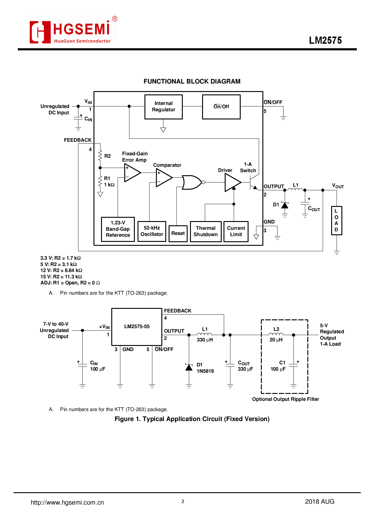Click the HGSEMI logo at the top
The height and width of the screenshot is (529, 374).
point(73,31)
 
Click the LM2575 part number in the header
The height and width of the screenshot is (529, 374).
point(325,40)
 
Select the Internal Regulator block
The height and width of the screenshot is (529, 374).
point(163,107)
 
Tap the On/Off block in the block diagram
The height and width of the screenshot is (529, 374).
point(221,107)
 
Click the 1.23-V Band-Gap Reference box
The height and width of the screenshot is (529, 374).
point(118,229)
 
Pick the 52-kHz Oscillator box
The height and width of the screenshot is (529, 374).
point(152,231)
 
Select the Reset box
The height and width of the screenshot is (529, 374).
point(178,233)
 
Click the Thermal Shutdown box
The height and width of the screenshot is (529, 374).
point(206,231)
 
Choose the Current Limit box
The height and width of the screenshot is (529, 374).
point(236,231)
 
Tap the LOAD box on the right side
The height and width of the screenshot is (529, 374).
point(336,220)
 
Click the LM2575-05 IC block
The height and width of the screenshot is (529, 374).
point(137,327)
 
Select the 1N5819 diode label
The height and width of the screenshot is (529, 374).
point(205,371)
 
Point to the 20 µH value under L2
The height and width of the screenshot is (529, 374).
point(276,340)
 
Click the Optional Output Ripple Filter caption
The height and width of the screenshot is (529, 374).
point(285,399)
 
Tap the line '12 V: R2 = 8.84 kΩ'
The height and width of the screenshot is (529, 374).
point(61,271)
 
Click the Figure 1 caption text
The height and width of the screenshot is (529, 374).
point(192,419)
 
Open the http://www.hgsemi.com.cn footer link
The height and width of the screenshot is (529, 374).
point(67,502)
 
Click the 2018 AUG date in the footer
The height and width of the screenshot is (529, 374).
point(319,502)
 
